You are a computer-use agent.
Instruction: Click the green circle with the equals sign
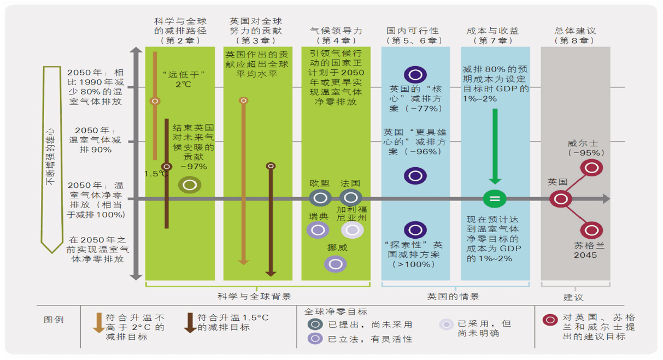(x=495, y=198)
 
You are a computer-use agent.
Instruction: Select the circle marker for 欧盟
(x=320, y=198)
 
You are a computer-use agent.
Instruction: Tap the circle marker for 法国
(x=351, y=198)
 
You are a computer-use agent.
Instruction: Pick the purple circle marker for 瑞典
(x=318, y=230)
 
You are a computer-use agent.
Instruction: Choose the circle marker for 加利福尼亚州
(x=352, y=230)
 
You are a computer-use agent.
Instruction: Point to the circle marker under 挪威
(x=336, y=264)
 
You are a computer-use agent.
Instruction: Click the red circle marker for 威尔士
(x=591, y=168)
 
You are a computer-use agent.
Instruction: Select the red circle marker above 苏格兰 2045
(x=591, y=230)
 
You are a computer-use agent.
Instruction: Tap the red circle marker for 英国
(x=561, y=199)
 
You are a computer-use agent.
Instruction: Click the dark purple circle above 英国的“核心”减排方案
(x=415, y=74)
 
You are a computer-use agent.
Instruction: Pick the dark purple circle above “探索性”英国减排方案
(x=415, y=230)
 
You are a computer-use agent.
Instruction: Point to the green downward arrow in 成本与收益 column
(x=495, y=147)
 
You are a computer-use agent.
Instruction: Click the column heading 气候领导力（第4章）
(x=336, y=36)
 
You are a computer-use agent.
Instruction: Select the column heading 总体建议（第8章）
(x=575, y=36)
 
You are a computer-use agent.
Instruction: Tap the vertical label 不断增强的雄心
(x=50, y=157)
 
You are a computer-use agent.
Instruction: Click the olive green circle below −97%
(x=190, y=185)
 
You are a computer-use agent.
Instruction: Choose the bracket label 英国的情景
(x=453, y=297)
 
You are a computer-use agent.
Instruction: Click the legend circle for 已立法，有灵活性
(x=315, y=339)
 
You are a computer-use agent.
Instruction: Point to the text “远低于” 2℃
(x=184, y=79)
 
